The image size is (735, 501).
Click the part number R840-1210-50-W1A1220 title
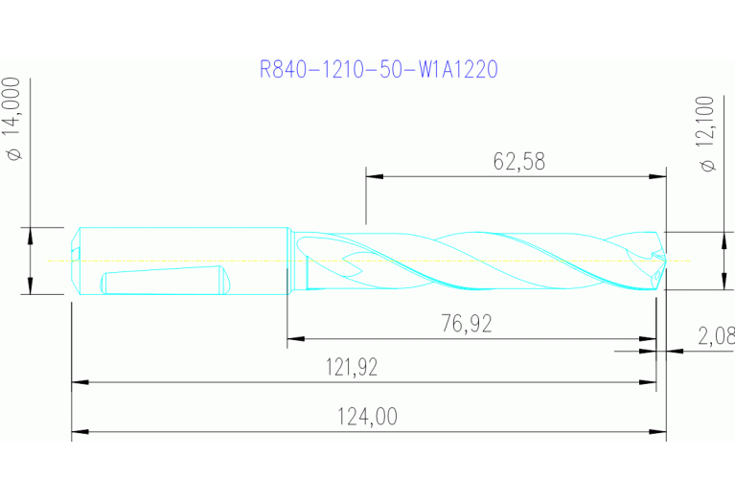(x=379, y=69)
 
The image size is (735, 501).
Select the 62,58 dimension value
(x=518, y=161)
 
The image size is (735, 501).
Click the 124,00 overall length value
(x=368, y=417)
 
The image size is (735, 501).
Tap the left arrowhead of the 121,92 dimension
(x=80, y=382)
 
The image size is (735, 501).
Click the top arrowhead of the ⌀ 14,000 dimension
(x=31, y=235)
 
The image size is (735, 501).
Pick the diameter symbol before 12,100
(x=707, y=165)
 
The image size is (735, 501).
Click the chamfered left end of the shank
(x=76, y=261)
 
